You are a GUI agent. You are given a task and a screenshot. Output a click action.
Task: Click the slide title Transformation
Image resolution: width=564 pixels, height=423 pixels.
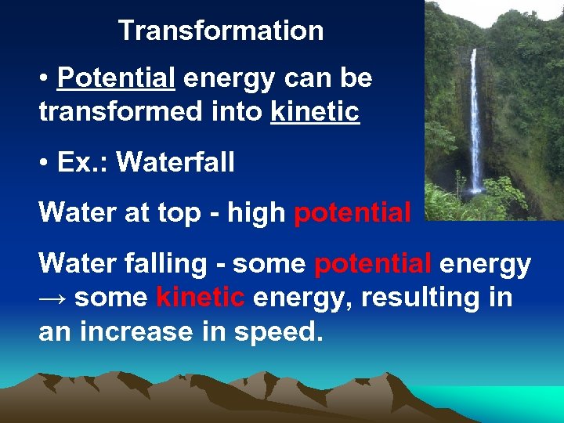[221, 31]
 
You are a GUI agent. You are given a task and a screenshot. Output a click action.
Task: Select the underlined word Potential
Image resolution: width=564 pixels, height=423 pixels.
[116, 78]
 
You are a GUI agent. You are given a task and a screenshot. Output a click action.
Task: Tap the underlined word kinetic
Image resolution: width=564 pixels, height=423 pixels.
[315, 112]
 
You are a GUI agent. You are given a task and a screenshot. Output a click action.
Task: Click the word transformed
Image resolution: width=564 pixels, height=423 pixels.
[112, 112]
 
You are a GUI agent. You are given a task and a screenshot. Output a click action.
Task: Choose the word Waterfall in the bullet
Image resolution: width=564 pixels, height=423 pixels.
[175, 163]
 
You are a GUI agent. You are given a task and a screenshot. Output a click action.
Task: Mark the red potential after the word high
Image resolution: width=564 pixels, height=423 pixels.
[352, 213]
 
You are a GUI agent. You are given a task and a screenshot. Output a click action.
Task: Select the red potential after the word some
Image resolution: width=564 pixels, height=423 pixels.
[373, 264]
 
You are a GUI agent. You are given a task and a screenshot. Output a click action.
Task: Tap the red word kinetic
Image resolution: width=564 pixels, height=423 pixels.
[201, 298]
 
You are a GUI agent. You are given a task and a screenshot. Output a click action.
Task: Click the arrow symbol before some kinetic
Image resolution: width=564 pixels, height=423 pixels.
[53, 298]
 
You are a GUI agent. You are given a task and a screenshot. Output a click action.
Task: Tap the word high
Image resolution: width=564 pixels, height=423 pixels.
[257, 213]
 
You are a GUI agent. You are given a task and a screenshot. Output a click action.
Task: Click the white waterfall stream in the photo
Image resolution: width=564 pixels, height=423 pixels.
[475, 125]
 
